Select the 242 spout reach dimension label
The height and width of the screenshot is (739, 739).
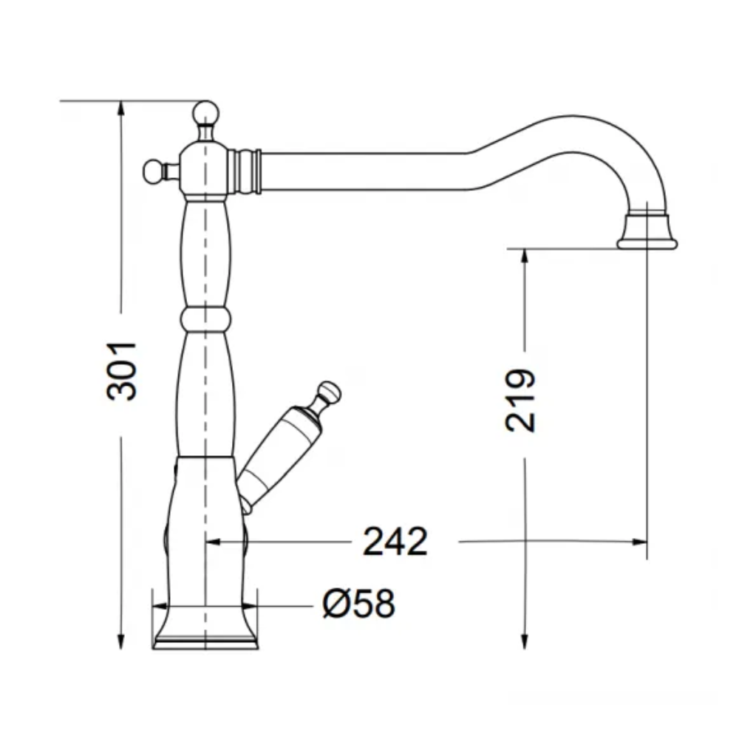coord(395,542)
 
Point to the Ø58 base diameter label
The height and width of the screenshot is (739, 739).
coord(358,605)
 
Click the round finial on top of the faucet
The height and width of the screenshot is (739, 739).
coord(205,112)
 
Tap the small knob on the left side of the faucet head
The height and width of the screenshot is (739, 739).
coord(152,171)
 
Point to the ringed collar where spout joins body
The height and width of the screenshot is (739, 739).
coord(245,171)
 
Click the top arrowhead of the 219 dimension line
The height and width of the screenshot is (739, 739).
coord(523,256)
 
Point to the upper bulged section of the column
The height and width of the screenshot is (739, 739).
coord(205,251)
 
